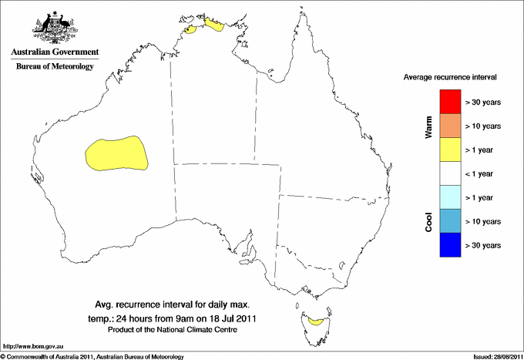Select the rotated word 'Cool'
tap(428, 222)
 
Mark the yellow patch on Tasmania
tap(314, 318)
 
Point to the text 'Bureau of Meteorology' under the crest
tap(54, 66)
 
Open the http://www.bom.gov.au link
tap(32, 346)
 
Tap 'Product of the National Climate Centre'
tap(173, 329)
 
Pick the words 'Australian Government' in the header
tap(54, 52)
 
